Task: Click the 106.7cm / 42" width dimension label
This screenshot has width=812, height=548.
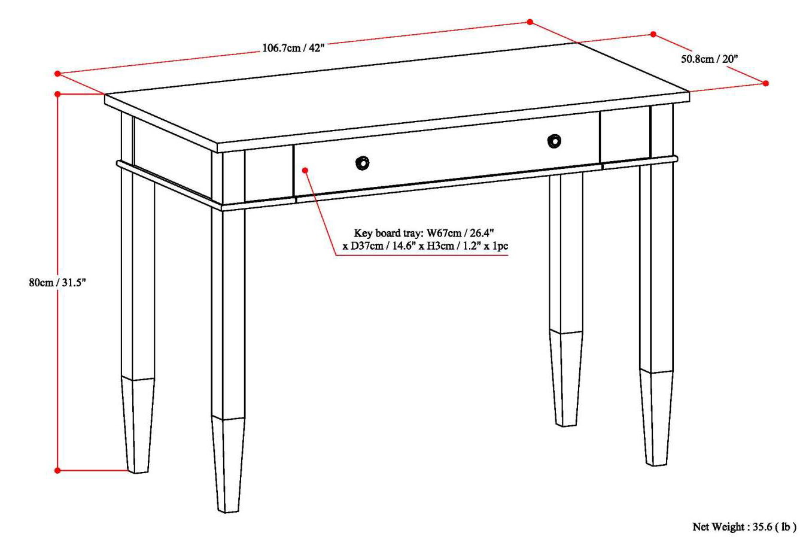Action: point(293,48)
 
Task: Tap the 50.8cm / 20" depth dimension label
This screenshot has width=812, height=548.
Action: point(709,59)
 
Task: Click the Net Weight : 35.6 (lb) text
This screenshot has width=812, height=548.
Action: point(744,527)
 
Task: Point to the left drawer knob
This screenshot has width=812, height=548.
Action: point(362,162)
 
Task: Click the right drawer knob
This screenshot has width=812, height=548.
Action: point(554,141)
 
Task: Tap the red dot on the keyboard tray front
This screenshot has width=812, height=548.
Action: point(305,170)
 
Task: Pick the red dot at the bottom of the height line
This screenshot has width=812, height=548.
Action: point(57,470)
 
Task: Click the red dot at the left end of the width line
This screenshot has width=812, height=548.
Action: point(57,74)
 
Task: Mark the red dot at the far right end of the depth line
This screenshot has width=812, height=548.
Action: point(766,83)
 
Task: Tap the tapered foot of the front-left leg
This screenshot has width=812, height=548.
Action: point(227,464)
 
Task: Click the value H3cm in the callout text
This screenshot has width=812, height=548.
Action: point(431,246)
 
